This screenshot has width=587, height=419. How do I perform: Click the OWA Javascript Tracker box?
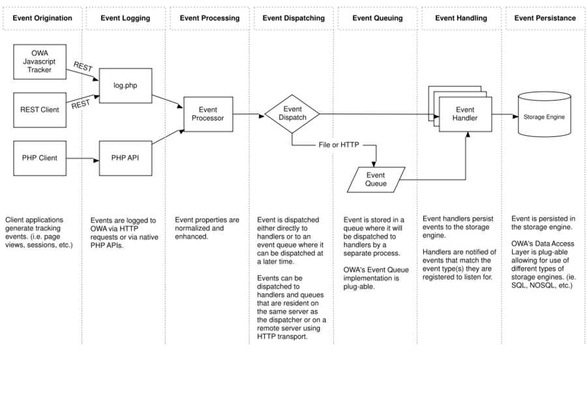coord(40,62)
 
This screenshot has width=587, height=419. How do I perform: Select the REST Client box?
coord(40,110)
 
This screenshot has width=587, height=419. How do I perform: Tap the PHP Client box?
coord(40,159)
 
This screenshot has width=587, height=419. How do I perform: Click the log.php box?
coord(125,85)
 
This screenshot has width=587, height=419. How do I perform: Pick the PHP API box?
coord(125,159)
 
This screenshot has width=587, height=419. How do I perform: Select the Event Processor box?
coord(208,114)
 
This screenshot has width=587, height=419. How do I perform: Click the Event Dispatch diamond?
coord(292,114)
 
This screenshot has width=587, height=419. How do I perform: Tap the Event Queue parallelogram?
coord(376,179)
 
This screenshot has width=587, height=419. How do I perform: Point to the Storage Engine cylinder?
coord(545,114)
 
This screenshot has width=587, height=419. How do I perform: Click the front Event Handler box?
coord(465,114)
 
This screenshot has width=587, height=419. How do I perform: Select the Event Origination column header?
coord(42,18)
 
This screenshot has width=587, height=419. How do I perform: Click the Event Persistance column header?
coord(545,18)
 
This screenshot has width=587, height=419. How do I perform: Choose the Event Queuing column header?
coord(378,18)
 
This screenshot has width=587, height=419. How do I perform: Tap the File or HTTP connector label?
coord(339,145)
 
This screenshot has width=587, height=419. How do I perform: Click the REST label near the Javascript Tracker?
coord(83,67)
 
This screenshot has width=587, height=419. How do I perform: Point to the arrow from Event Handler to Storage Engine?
coord(505,116)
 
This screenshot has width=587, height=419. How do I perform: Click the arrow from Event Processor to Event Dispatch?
coord(248,115)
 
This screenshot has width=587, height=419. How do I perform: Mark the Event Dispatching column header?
coord(293,18)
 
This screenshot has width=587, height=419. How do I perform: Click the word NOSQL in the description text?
coord(541,285)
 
